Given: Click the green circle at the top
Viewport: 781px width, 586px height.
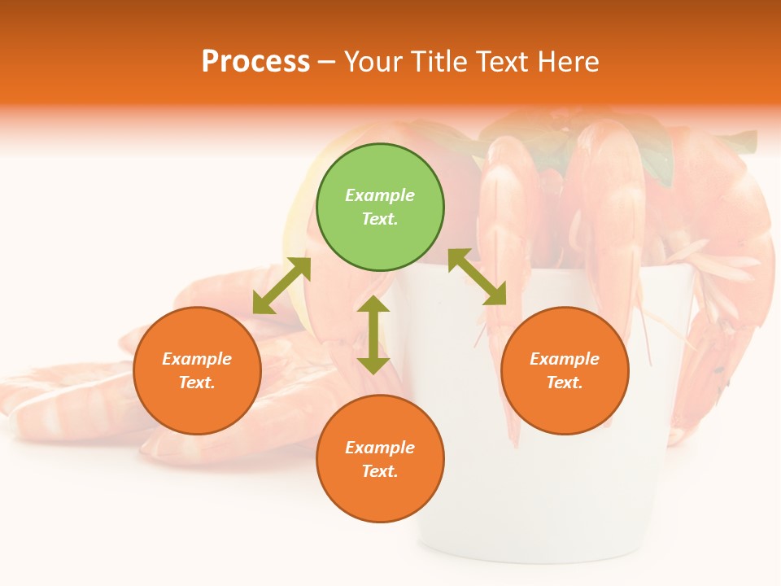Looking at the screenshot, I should [380, 208].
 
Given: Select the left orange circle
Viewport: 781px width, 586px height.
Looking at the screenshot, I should [197, 370].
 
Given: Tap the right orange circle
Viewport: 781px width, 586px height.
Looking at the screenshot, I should [565, 370].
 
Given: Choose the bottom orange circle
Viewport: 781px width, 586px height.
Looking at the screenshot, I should [380, 459].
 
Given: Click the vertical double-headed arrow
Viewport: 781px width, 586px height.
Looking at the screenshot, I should [373, 335].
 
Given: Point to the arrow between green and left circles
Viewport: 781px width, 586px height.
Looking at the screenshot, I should [281, 286].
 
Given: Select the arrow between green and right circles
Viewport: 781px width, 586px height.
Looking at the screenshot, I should [477, 277].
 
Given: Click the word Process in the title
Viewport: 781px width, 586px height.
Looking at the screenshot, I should [255, 61].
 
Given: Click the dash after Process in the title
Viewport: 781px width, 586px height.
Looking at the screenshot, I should [327, 62].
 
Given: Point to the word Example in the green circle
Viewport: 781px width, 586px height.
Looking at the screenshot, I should [380, 195].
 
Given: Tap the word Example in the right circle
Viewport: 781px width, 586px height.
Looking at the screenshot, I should [565, 359].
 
